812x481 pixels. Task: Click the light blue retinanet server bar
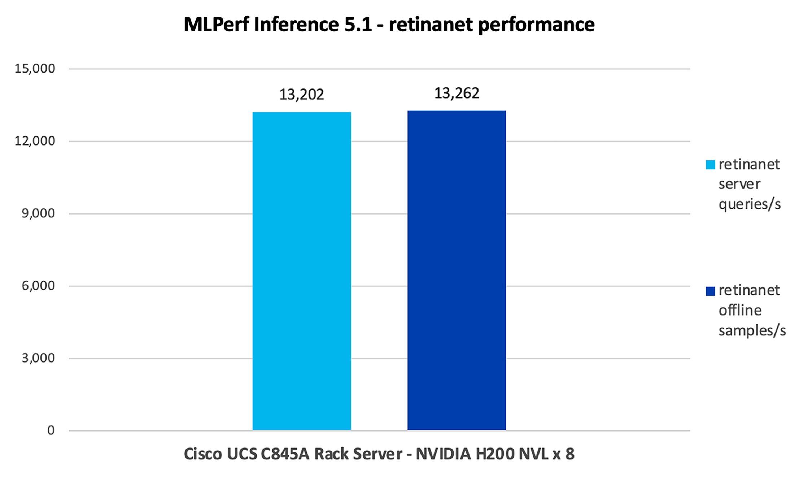(301, 271)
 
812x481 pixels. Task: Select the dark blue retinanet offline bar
(457, 270)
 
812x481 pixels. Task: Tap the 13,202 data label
(302, 94)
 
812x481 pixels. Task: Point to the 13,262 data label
(457, 93)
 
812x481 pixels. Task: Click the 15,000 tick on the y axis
(35, 68)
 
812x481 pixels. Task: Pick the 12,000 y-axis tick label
(35, 141)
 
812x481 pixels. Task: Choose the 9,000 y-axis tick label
(38, 213)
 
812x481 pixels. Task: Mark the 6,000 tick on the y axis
(38, 286)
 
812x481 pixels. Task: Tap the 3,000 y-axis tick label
(38, 358)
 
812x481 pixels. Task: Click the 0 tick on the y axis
(51, 430)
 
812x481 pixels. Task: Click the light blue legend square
(710, 165)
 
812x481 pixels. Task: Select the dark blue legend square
(710, 291)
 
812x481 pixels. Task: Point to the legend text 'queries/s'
(750, 204)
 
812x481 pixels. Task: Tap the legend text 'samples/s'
(752, 331)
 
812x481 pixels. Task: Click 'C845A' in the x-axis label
(285, 454)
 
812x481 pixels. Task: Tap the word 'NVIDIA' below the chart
(443, 454)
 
